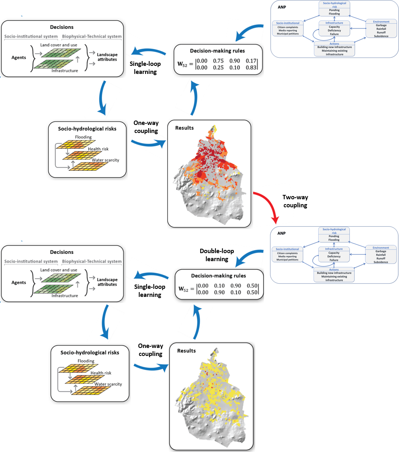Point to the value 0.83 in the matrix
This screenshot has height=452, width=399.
(251, 67)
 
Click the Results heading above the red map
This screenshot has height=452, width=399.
(184, 128)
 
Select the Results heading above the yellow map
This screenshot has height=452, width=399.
(186, 350)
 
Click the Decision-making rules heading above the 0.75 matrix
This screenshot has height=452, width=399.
(218, 51)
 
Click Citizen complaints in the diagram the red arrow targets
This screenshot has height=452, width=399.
(287, 254)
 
